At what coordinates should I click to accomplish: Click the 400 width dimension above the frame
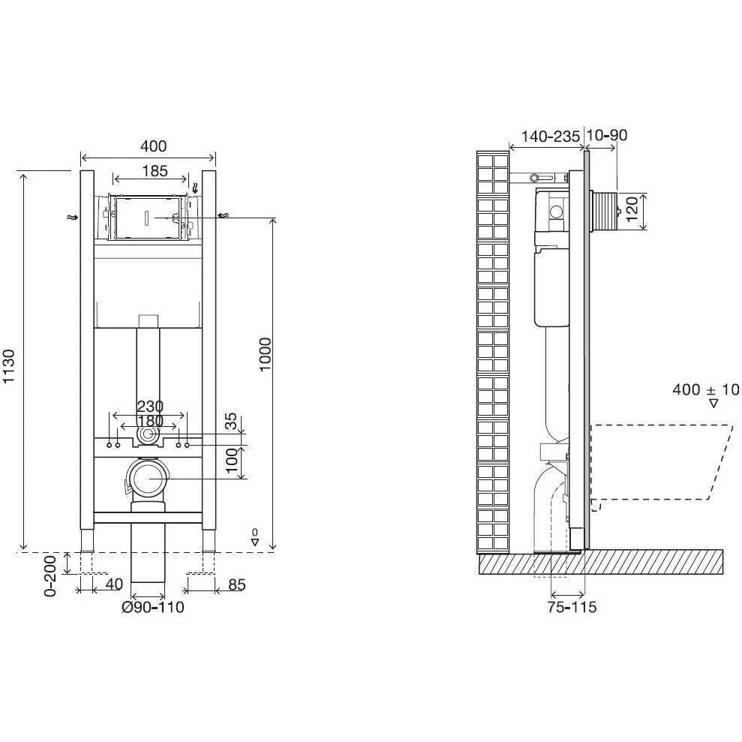[x=153, y=146]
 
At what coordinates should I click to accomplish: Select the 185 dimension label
[x=155, y=171]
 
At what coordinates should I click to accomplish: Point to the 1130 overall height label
[x=9, y=366]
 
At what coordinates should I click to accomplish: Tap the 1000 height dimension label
[x=265, y=354]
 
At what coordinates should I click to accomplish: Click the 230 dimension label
[x=150, y=406]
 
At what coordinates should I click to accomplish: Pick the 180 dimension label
[x=150, y=421]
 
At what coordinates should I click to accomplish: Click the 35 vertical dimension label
[x=230, y=421]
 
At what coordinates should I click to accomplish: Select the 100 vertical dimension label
[x=231, y=461]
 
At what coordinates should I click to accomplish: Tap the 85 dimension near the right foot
[x=237, y=585]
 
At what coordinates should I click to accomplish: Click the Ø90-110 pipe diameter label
[x=153, y=607]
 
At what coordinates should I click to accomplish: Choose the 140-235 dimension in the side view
[x=551, y=137]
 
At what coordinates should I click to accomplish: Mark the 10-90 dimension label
[x=607, y=135]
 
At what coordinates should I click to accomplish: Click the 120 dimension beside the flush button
[x=632, y=209]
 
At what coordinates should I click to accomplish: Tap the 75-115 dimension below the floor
[x=572, y=607]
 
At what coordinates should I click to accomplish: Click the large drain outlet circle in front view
[x=148, y=478]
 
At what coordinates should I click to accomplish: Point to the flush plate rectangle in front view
[x=148, y=218]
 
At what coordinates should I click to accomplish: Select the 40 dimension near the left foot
[x=114, y=584]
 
